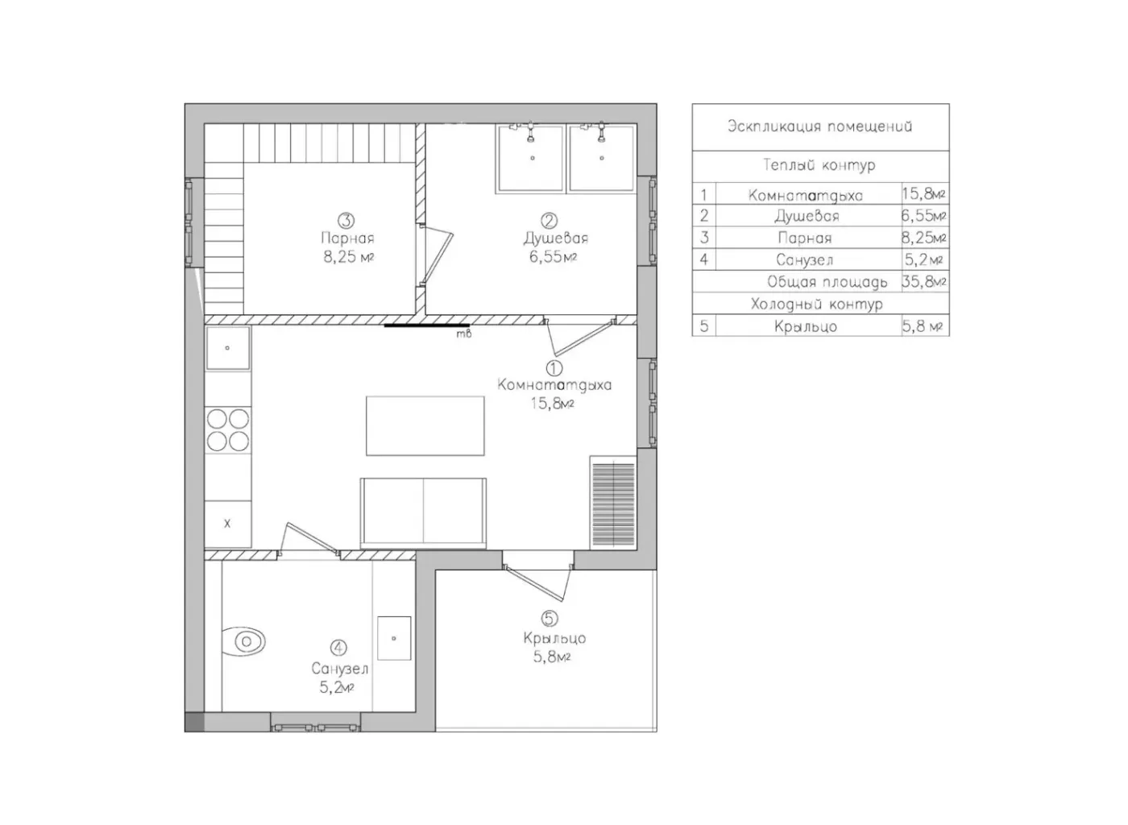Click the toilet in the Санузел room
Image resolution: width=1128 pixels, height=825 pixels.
click(x=243, y=641)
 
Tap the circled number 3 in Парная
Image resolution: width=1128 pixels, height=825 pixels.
click(x=346, y=220)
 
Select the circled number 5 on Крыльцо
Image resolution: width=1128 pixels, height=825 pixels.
click(x=549, y=618)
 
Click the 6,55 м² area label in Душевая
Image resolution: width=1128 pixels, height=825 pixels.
click(x=553, y=257)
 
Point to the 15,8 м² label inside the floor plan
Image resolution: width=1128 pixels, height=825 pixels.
click(x=552, y=404)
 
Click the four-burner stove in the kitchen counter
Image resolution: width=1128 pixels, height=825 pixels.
click(x=227, y=429)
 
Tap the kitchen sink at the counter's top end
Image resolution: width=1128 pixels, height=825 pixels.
click(x=227, y=348)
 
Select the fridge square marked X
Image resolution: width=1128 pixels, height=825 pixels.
click(x=227, y=524)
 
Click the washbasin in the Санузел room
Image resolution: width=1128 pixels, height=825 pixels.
click(x=394, y=638)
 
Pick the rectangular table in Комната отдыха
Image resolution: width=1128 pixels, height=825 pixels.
click(x=425, y=425)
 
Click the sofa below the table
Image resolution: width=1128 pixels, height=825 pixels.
click(x=423, y=513)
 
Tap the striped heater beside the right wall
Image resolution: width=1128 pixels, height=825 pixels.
click(x=613, y=504)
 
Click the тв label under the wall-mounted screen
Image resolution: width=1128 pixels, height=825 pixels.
click(x=464, y=334)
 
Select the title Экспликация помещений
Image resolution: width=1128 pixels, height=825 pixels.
click(x=820, y=126)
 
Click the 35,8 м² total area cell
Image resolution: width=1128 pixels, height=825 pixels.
click(x=923, y=281)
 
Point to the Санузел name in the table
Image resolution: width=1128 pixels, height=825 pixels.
click(x=804, y=260)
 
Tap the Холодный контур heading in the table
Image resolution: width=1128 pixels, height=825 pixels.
click(x=817, y=305)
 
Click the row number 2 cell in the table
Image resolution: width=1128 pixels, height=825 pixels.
click(x=704, y=216)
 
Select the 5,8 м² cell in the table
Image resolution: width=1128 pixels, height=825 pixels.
click(x=922, y=326)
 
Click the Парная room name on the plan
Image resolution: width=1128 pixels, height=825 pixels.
click(x=347, y=238)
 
